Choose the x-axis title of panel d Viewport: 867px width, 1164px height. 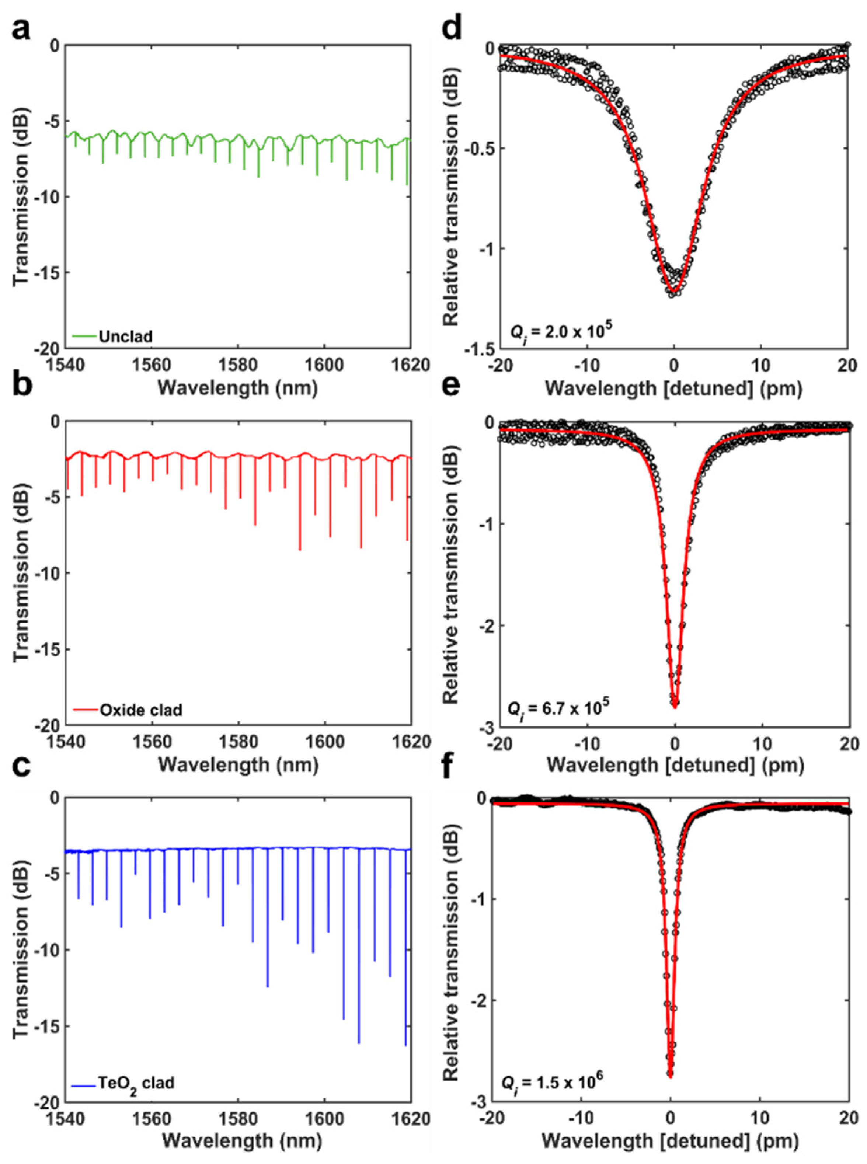click(673, 389)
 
